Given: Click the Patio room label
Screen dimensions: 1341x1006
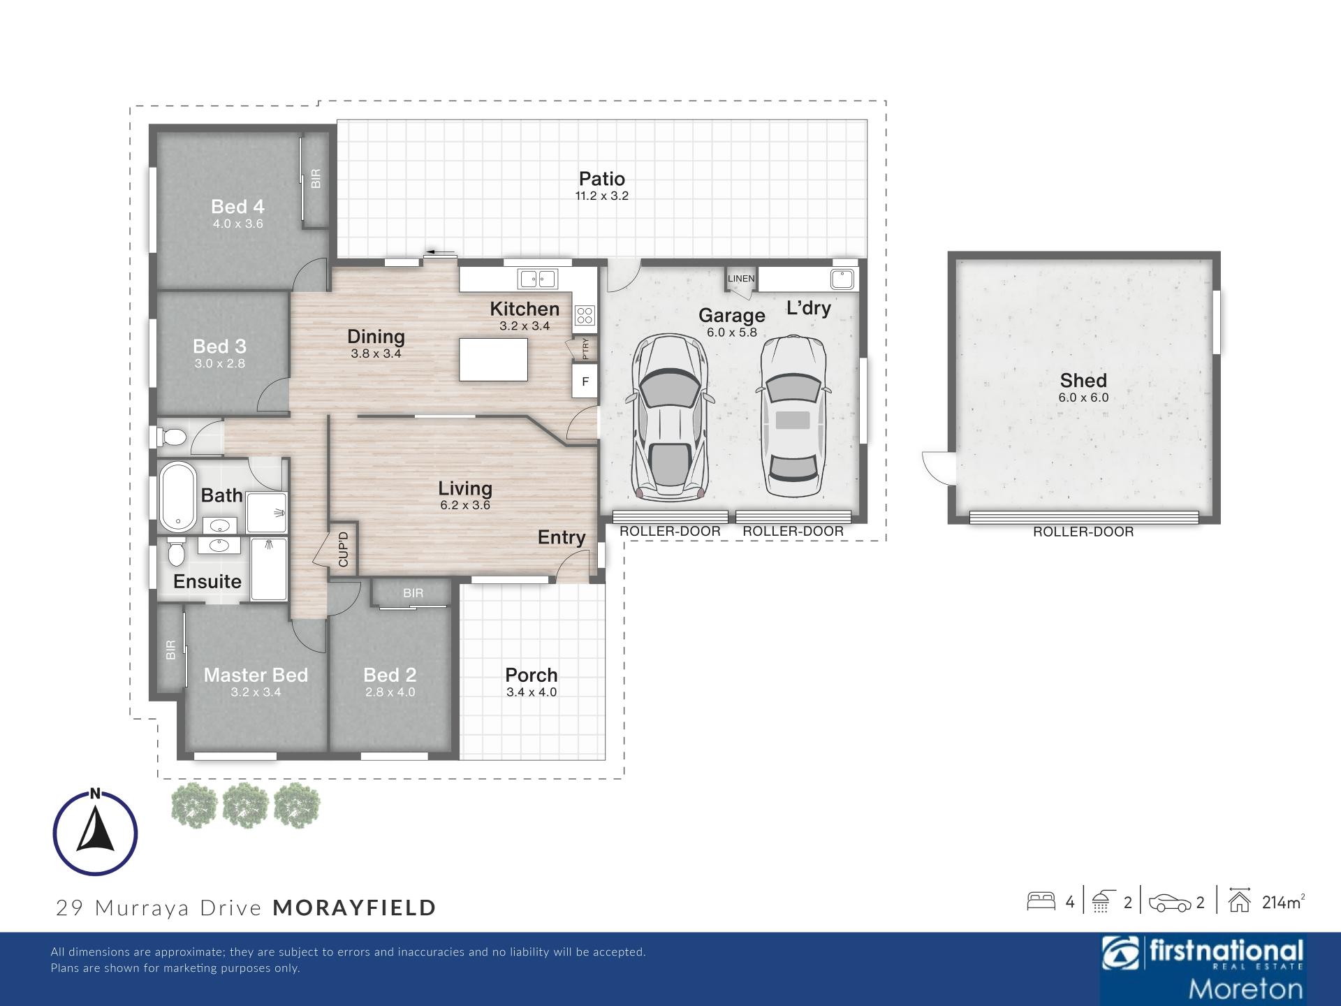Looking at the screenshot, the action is pyautogui.click(x=601, y=179).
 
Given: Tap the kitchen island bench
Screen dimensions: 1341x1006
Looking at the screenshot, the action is pyautogui.click(x=493, y=359).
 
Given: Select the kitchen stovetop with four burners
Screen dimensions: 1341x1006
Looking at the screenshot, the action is pyautogui.click(x=585, y=316).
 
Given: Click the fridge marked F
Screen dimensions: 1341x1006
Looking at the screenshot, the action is pyautogui.click(x=585, y=381).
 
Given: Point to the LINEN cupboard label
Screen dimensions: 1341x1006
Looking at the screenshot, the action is pyautogui.click(x=741, y=278).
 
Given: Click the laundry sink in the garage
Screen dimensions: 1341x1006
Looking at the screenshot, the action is pyautogui.click(x=842, y=279).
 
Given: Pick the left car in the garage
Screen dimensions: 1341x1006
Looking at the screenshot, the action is pyautogui.click(x=669, y=418).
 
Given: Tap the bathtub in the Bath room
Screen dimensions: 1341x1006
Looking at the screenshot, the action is pyautogui.click(x=178, y=497).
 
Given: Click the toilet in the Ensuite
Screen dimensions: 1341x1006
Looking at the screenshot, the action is pyautogui.click(x=176, y=552).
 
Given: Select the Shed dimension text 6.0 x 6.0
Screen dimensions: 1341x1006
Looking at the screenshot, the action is pyautogui.click(x=1083, y=398).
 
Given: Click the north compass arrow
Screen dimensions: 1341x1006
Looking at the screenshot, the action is pyautogui.click(x=96, y=829).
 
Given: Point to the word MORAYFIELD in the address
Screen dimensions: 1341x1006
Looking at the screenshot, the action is pyautogui.click(x=355, y=907).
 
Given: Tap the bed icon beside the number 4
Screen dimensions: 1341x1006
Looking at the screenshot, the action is pyautogui.click(x=1041, y=901).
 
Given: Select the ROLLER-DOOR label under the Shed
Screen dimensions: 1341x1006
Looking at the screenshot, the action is pyautogui.click(x=1083, y=532).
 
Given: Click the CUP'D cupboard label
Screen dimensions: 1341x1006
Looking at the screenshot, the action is pyautogui.click(x=343, y=549).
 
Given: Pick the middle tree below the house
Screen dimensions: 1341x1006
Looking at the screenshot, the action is pyautogui.click(x=246, y=805).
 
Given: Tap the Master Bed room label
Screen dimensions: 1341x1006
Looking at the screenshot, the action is pyautogui.click(x=256, y=675).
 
